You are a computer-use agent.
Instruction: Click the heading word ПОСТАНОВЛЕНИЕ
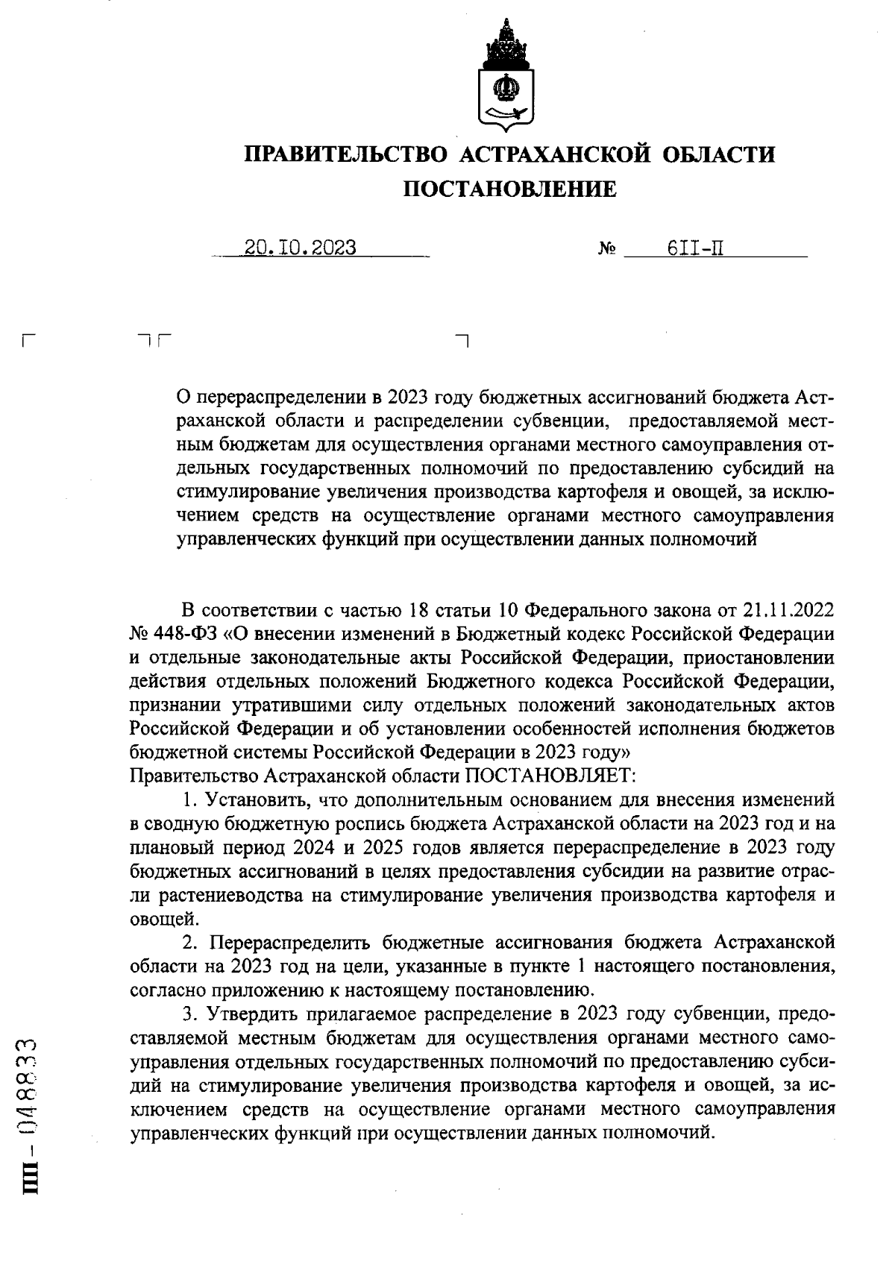click(x=510, y=189)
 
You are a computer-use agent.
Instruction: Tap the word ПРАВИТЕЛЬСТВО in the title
click(x=347, y=154)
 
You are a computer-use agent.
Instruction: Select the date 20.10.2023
click(x=301, y=247)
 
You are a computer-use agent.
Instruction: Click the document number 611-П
click(x=695, y=247)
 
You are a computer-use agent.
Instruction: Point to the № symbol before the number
click(x=606, y=248)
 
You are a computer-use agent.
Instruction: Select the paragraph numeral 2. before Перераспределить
click(x=190, y=942)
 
